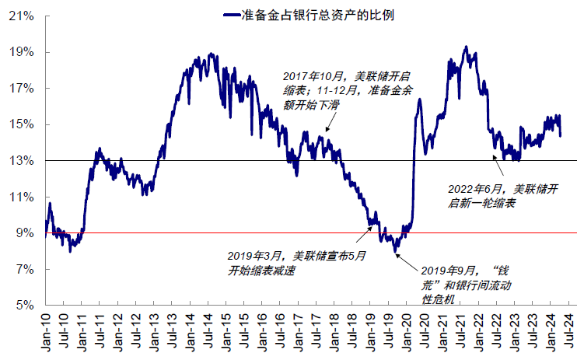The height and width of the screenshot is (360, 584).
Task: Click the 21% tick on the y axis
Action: click(21, 16)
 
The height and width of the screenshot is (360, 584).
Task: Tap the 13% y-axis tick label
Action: click(21, 161)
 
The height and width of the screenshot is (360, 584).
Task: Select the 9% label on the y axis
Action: click(23, 233)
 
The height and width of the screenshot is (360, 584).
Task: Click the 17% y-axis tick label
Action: click(21, 89)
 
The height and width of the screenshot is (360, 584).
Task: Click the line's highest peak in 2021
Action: click(465, 48)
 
